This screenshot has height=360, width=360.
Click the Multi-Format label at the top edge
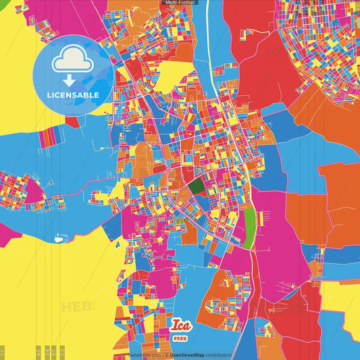coord(179,3)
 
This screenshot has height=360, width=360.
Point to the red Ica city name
coord(181,324)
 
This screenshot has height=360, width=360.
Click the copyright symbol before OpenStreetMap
coord(166,355)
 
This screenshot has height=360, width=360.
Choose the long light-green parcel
coord(250,226)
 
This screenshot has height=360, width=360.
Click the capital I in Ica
coord(175,324)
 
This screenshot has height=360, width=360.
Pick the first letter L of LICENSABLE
coord(49,95)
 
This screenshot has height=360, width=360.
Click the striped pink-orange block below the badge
coord(50,138)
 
